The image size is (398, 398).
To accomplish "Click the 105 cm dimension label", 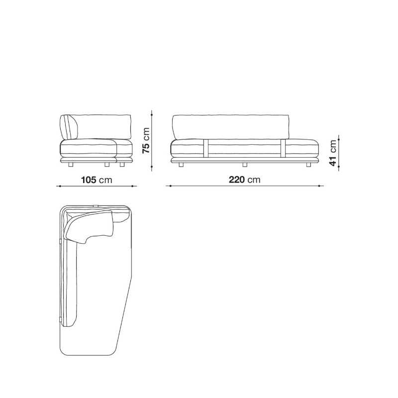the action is [97, 180].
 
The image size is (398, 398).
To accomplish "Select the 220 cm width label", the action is [245, 180].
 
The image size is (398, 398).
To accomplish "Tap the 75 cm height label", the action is [146, 140].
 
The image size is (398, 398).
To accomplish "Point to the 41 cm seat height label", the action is [333, 153].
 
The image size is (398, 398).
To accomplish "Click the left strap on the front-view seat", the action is [206, 148].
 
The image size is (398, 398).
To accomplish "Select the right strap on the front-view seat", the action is [283, 148].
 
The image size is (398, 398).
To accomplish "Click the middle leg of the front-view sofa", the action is [245, 165].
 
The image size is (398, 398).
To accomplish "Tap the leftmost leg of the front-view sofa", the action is [181, 165].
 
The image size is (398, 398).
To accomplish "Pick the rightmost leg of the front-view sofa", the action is [308, 165].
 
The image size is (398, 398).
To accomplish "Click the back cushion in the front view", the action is [231, 127].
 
